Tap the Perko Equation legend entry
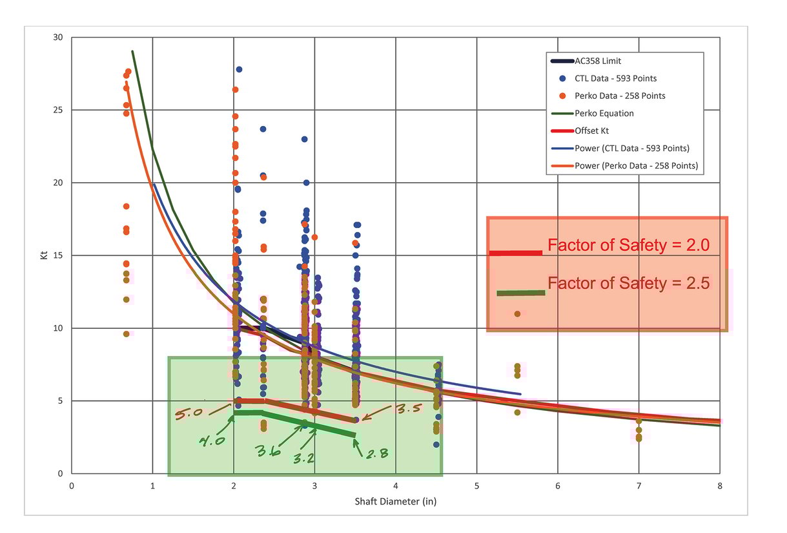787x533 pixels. (x=604, y=113)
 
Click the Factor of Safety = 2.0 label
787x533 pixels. (x=628, y=246)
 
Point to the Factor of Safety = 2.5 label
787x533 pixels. (x=628, y=283)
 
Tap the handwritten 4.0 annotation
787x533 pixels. (x=211, y=443)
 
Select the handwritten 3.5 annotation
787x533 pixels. (x=407, y=408)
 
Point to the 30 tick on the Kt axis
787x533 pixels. (x=57, y=37)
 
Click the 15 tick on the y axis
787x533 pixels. (x=57, y=255)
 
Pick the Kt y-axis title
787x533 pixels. (x=43, y=255)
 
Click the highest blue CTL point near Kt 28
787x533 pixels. (x=239, y=69)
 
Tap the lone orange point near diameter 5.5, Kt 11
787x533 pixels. (x=517, y=314)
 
